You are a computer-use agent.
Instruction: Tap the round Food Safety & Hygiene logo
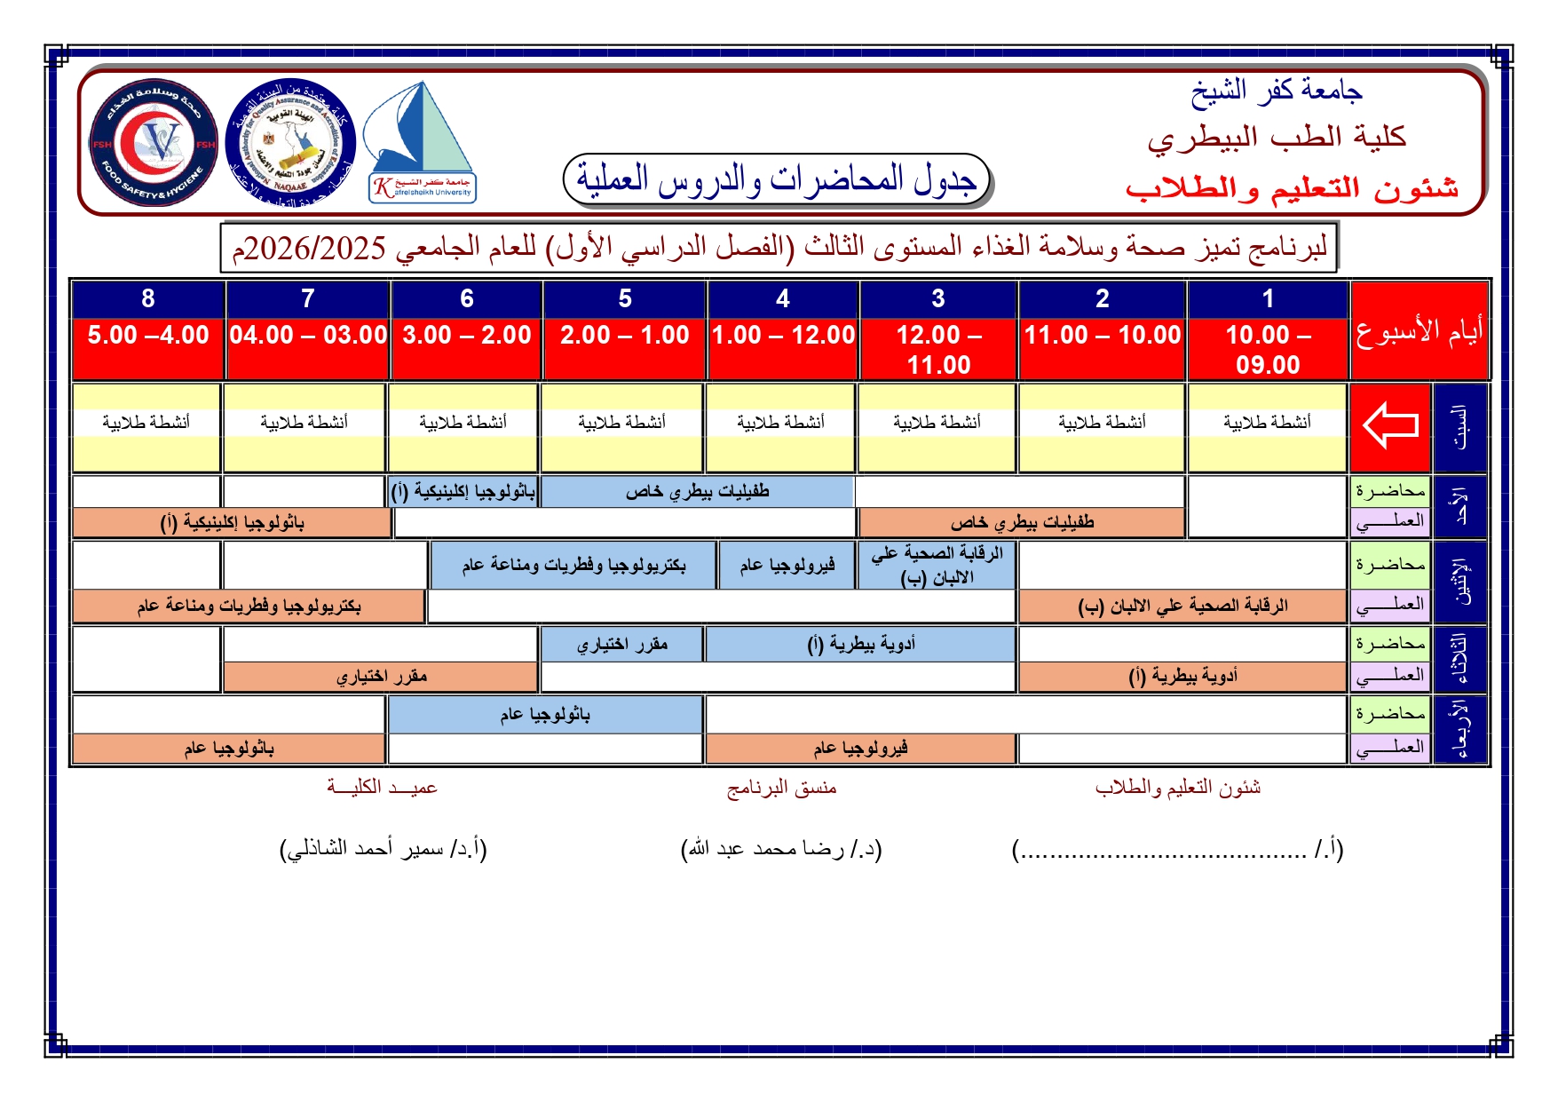click(x=154, y=142)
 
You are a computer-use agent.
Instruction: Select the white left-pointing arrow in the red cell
click(x=1390, y=425)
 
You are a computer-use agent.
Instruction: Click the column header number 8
click(x=148, y=299)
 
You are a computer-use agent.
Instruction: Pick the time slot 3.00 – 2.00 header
click(x=467, y=336)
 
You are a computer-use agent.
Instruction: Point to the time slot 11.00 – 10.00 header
click(x=1103, y=336)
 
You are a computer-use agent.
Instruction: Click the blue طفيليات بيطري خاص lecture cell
click(x=697, y=492)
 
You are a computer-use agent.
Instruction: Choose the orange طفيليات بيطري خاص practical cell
click(x=1022, y=523)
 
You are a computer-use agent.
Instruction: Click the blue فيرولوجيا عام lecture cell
click(x=787, y=566)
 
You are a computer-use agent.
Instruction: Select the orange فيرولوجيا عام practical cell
click(x=860, y=749)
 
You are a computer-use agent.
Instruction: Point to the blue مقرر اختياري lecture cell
click(x=621, y=645)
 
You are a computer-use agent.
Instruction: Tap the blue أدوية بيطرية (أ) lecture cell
click(x=860, y=645)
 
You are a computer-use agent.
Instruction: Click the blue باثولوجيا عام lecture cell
click(x=544, y=715)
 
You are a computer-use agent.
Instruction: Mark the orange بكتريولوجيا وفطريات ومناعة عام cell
click(x=249, y=606)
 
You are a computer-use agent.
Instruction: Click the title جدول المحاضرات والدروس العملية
click(x=777, y=179)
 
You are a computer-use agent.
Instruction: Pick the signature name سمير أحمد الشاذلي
click(x=384, y=850)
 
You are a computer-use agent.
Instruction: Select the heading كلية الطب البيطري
click(x=1277, y=138)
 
